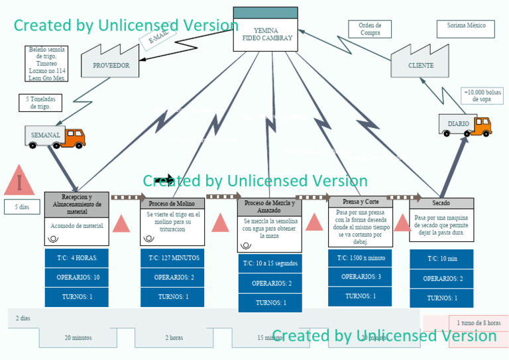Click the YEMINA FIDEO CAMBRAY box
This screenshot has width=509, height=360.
pyautogui.click(x=266, y=33)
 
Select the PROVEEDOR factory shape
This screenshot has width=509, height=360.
pyautogui.click(x=111, y=64)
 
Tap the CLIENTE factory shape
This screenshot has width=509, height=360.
pyautogui.click(x=420, y=64)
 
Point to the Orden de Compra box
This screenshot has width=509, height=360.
pyautogui.click(x=370, y=29)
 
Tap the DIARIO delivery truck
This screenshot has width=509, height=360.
pyautogui.click(x=465, y=124)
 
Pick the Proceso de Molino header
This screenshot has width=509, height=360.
pyautogui.click(x=172, y=204)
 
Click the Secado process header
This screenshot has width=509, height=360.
pyautogui.click(x=441, y=203)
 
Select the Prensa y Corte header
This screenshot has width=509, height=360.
pyautogui.click(x=361, y=202)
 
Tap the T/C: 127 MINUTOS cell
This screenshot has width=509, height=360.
pyautogui.click(x=172, y=257)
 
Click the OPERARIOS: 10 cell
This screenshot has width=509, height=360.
pyautogui.click(x=77, y=277)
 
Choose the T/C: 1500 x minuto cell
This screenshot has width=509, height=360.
pyautogui.click(x=361, y=257)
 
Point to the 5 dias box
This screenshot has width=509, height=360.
pyautogui.click(x=22, y=207)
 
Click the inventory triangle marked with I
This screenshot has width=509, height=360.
pyautogui.click(x=20, y=181)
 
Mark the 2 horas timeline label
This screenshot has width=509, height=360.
pyautogui.click(x=174, y=338)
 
